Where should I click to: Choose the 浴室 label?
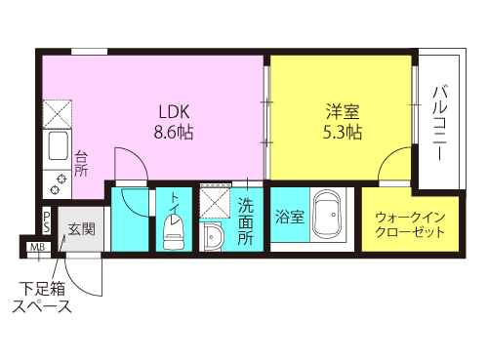coord(289,217)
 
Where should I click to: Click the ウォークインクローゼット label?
coord(409,224)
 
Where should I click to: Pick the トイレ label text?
coord(175,202)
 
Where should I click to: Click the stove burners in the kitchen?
coord(56,180)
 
